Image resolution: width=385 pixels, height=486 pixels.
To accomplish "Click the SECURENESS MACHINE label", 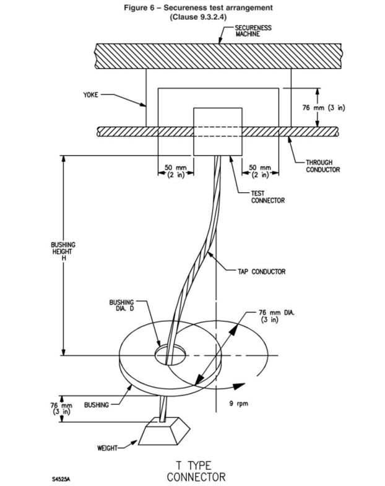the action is pyautogui.click(x=253, y=31).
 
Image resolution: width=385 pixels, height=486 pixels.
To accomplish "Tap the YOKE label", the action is pyautogui.click(x=90, y=94).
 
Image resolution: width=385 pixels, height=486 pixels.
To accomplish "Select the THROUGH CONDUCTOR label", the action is pyautogui.click(x=323, y=166).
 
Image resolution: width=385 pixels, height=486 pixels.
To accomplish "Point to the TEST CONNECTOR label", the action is pyautogui.click(x=267, y=197).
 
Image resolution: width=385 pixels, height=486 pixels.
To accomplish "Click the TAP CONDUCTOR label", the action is pyautogui.click(x=261, y=272).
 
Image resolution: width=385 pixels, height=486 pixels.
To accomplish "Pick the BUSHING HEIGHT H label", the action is pyautogui.click(x=63, y=251).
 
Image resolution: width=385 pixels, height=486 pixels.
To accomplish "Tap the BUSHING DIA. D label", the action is pyautogui.click(x=121, y=305).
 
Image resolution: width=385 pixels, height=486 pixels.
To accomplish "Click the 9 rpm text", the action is pyautogui.click(x=239, y=403).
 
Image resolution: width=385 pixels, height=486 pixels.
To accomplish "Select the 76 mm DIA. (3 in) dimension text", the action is pyautogui.click(x=276, y=316).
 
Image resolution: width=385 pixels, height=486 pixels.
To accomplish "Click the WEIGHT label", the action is pyautogui.click(x=107, y=448).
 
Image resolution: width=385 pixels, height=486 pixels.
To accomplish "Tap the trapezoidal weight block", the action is pyautogui.click(x=164, y=431).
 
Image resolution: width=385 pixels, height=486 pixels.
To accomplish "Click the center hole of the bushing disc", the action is pyautogui.click(x=170, y=355).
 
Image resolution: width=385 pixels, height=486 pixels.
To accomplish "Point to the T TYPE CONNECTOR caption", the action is pyautogui.click(x=196, y=471).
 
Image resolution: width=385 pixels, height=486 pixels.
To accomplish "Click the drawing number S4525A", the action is pyautogui.click(x=61, y=479).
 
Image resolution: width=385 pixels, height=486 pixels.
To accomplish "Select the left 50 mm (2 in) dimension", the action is pyautogui.click(x=176, y=171).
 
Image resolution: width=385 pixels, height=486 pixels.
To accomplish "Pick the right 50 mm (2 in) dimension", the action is pyautogui.click(x=260, y=171).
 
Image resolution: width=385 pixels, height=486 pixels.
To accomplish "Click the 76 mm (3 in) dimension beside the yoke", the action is pyautogui.click(x=323, y=108).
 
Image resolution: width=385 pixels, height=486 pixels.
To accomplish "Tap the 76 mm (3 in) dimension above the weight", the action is pyautogui.click(x=61, y=408).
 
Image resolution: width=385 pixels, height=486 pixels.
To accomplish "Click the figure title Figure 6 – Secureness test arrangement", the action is pyautogui.click(x=198, y=7).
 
